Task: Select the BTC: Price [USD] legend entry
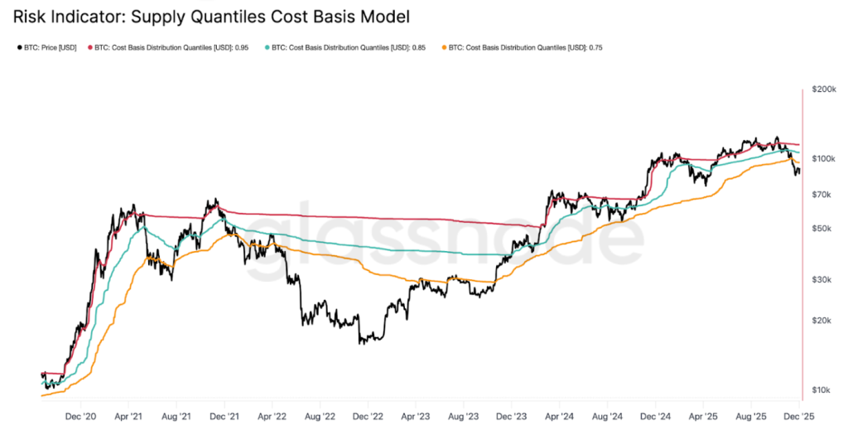(x=49, y=47)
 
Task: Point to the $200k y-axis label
(x=823, y=89)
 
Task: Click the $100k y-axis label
(x=823, y=158)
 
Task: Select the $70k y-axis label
(x=823, y=194)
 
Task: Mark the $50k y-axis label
(x=823, y=228)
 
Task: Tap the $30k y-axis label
(x=823, y=279)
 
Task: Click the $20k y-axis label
(x=823, y=320)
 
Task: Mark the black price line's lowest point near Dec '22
(x=361, y=342)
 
